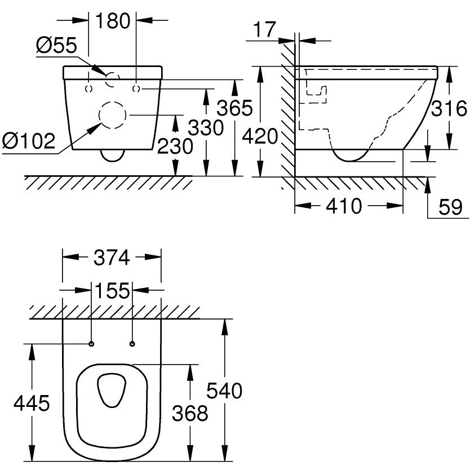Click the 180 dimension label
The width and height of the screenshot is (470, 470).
(113, 21)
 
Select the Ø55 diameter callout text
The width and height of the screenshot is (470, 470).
(57, 46)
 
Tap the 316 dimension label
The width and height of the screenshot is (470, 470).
(449, 107)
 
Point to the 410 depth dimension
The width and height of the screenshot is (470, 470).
(344, 206)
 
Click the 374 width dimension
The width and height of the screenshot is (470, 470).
(112, 258)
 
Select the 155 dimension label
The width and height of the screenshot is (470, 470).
(112, 291)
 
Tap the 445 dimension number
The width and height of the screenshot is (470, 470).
(32, 403)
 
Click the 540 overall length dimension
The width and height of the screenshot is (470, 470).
(225, 390)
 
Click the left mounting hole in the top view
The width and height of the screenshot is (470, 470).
(91, 344)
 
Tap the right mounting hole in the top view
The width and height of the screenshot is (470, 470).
(132, 344)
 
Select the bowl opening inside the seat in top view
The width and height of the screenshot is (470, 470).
(112, 390)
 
